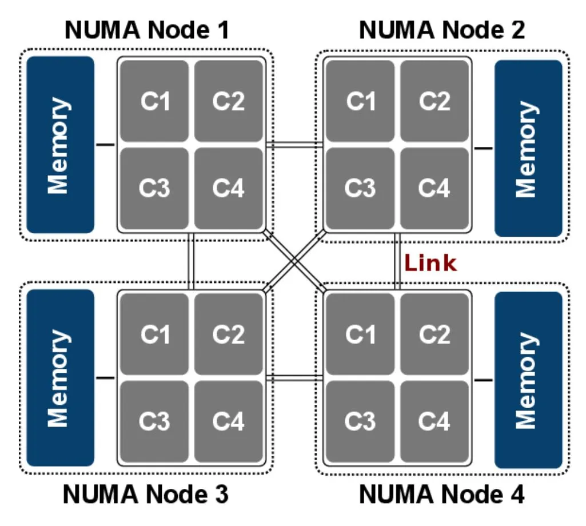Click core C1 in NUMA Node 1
[154, 101]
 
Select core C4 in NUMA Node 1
[228, 188]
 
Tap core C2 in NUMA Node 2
[434, 101]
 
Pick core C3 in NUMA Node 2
[360, 188]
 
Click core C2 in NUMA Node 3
[228, 334]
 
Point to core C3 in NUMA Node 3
[154, 421]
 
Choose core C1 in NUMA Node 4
[360, 334]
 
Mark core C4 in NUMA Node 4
[434, 421]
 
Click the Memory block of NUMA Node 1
[60, 145]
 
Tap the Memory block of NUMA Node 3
[60, 377]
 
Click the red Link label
[430, 263]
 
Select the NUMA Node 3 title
[146, 495]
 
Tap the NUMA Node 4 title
[441, 495]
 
